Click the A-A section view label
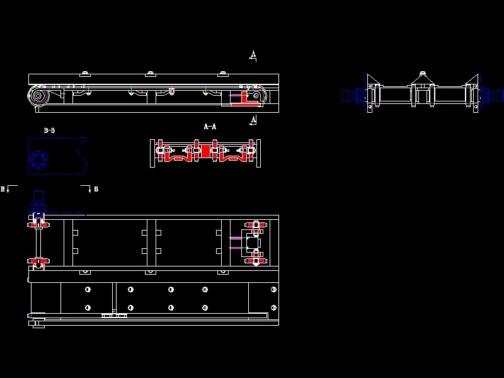(x=210, y=127)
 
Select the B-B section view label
(x=49, y=130)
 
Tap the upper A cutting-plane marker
(x=253, y=55)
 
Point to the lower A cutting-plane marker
(x=253, y=120)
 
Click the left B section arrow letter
(x=3, y=188)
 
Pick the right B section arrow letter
(x=96, y=189)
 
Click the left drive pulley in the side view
(x=38, y=96)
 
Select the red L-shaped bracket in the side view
(x=245, y=99)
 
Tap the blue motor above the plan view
(x=38, y=201)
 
